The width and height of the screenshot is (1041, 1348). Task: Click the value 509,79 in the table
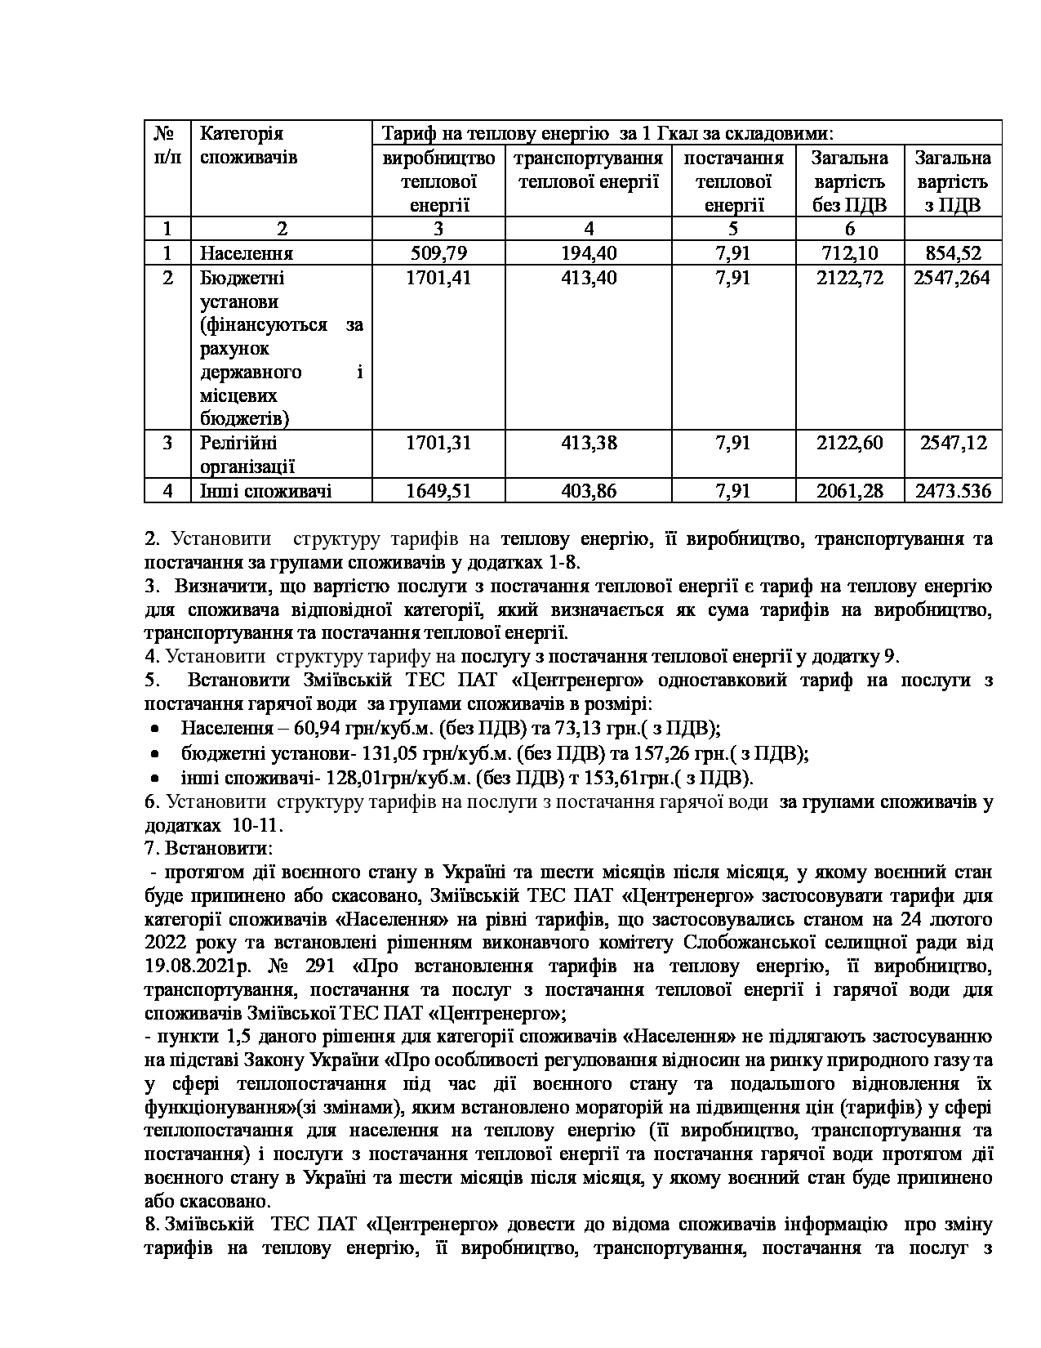438,253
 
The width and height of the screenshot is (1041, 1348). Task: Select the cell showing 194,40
589,253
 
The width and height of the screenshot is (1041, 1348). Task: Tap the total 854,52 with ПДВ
953,253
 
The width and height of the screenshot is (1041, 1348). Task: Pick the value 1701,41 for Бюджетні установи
438,278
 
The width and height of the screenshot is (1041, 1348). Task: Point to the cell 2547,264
953,278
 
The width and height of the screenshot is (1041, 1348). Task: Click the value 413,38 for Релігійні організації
589,443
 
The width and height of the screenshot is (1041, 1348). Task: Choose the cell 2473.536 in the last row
953,491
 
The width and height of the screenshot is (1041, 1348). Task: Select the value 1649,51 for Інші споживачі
438,491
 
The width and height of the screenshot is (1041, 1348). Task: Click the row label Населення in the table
247,253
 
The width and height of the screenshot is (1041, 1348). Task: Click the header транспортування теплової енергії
589,169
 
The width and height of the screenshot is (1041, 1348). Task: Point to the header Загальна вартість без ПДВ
850,181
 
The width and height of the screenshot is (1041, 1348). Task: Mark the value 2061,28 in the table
850,491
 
